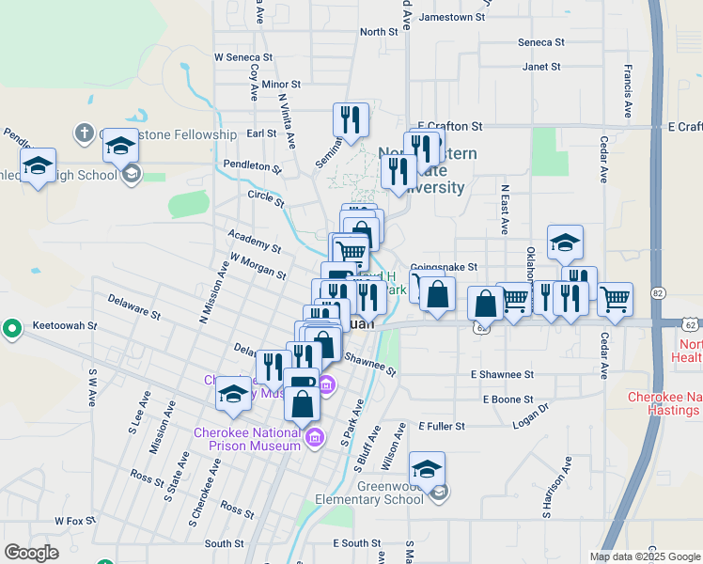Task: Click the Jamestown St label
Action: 452,17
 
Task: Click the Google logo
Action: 32,553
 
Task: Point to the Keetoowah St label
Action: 66,325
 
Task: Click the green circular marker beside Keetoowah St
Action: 11,328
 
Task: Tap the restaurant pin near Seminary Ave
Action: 351,120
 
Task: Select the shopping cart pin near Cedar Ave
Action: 615,299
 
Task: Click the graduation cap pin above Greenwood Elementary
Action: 427,469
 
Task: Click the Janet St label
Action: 541,68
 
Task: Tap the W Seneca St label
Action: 242,57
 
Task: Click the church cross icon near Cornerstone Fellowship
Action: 84,133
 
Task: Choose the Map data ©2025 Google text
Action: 644,556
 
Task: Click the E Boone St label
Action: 508,399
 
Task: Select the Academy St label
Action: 255,240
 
